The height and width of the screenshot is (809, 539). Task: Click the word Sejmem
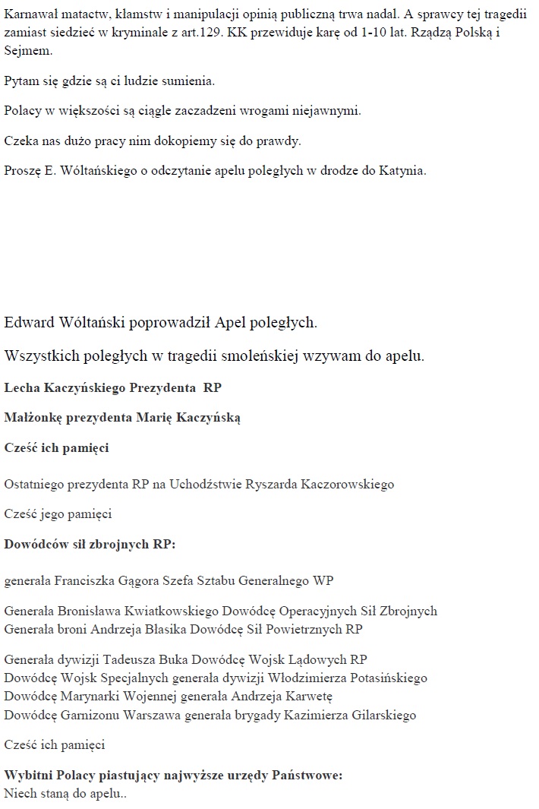pyautogui.click(x=27, y=51)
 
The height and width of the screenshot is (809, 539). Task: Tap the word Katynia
pyautogui.click(x=402, y=170)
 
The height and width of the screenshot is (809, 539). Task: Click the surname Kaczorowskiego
pyautogui.click(x=342, y=484)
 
